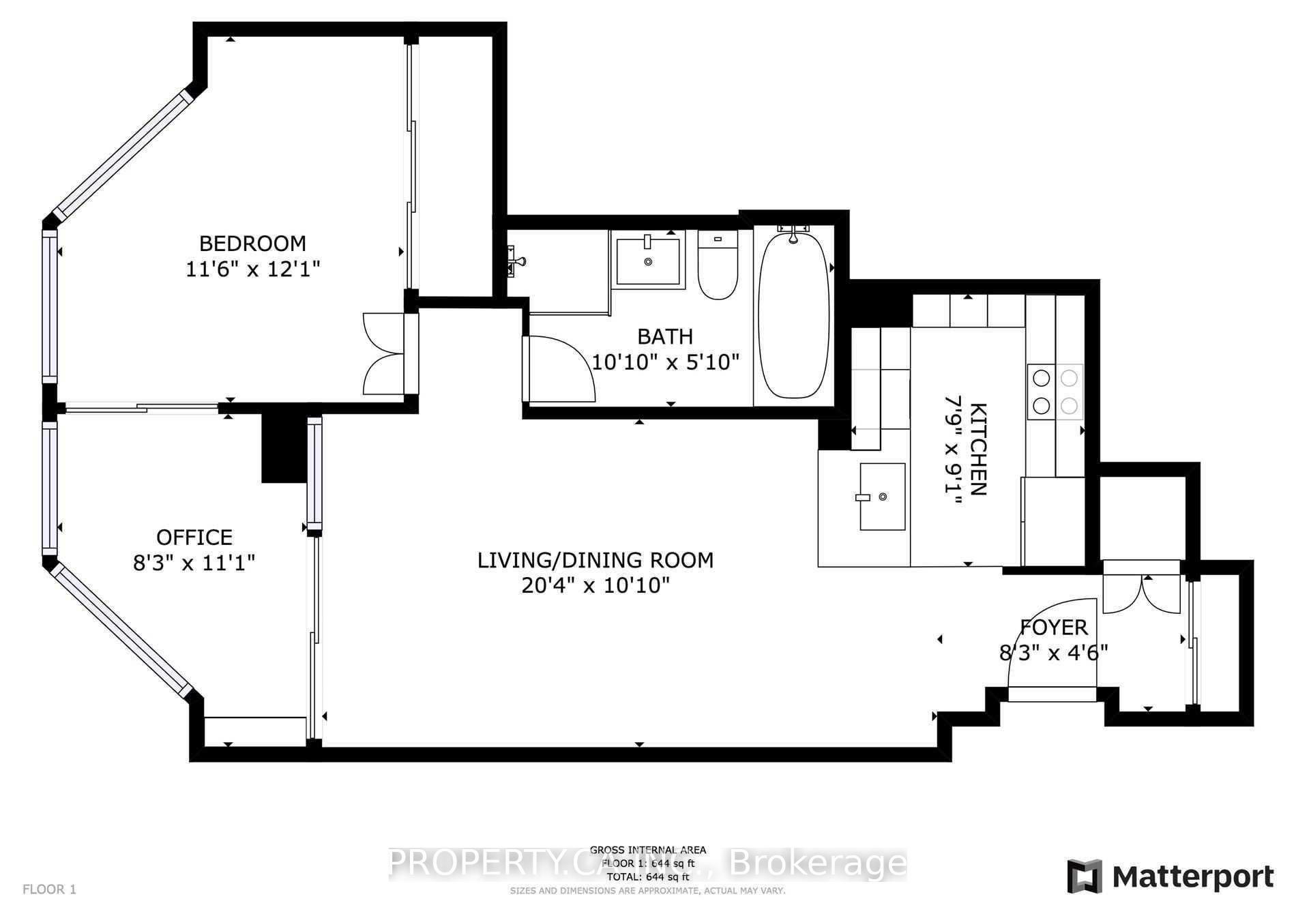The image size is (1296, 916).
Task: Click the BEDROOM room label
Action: coord(252,243)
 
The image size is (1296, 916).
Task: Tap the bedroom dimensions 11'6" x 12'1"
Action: coord(252,269)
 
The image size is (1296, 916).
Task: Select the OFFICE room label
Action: coord(194,537)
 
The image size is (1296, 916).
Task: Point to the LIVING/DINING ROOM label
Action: coord(595,561)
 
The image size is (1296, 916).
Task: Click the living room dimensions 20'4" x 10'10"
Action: coord(595,585)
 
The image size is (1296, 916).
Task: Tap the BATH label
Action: coord(665,336)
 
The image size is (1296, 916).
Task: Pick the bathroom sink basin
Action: coord(647,261)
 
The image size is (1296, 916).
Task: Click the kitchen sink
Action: coord(882,497)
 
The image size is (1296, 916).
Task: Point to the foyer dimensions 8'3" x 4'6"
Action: coord(1053,653)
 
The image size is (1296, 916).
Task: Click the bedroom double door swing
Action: coord(383,353)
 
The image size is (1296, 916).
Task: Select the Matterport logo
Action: coord(1170,876)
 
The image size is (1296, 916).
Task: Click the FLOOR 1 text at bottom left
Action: coord(49,889)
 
